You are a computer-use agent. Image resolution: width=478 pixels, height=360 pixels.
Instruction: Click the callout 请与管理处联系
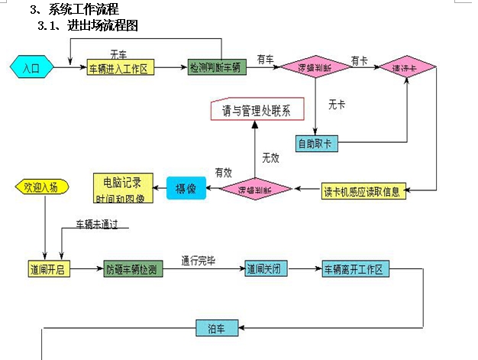point(257,110)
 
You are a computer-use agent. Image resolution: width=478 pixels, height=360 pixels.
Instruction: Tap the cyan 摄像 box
point(186,187)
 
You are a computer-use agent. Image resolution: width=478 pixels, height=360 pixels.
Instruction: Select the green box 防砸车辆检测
point(133,269)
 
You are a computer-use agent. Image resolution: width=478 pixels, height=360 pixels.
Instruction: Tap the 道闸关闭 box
point(266,269)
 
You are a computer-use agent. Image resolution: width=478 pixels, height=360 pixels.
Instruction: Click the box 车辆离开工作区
point(357,269)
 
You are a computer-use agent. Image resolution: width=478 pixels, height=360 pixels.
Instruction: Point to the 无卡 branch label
point(336,104)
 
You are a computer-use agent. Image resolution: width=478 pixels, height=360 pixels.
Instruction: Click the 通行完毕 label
point(198,260)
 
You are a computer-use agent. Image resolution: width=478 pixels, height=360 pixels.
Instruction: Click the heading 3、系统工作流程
point(74,9)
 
